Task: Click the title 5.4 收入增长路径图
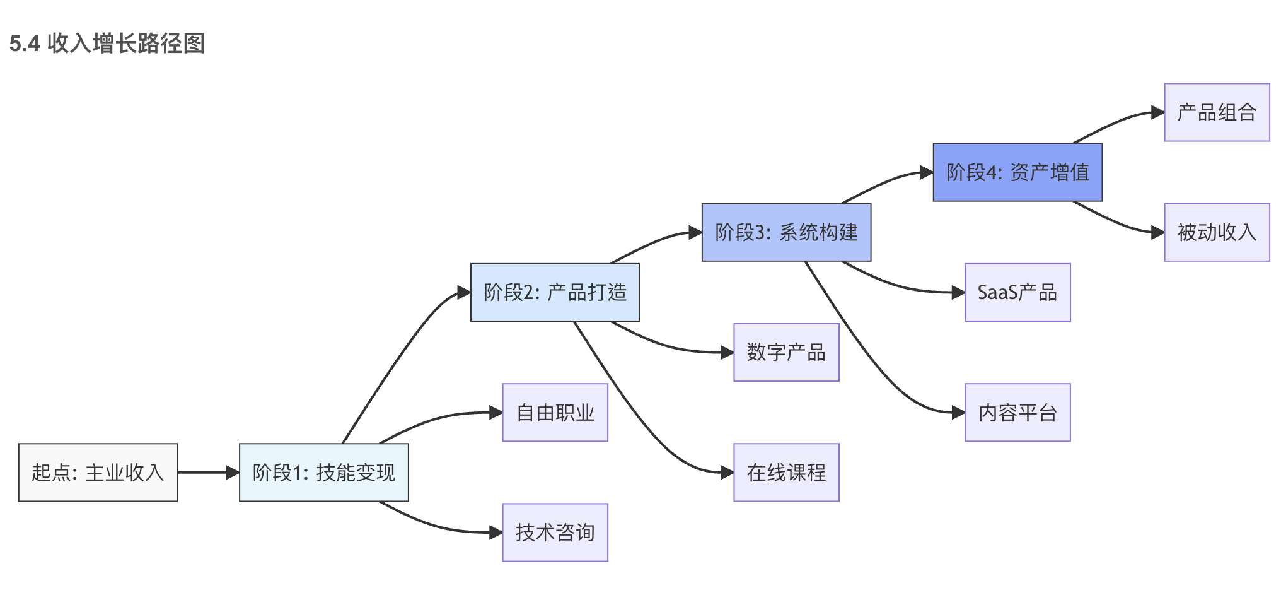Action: [107, 44]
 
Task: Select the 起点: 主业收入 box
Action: [98, 473]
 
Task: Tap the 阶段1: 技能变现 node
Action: [323, 473]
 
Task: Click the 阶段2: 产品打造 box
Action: [555, 292]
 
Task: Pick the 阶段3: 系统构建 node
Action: [786, 232]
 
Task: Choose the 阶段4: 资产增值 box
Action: [1017, 172]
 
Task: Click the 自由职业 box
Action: [555, 413]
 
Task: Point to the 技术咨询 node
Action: [555, 533]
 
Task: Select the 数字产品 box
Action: [786, 352]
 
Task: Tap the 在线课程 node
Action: [786, 473]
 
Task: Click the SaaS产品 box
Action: [1017, 292]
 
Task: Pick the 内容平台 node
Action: [1017, 413]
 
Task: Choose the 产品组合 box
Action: [1217, 112]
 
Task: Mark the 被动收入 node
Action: [1217, 232]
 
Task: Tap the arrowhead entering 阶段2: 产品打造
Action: [463, 292]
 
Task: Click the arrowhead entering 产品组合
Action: [1157, 112]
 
